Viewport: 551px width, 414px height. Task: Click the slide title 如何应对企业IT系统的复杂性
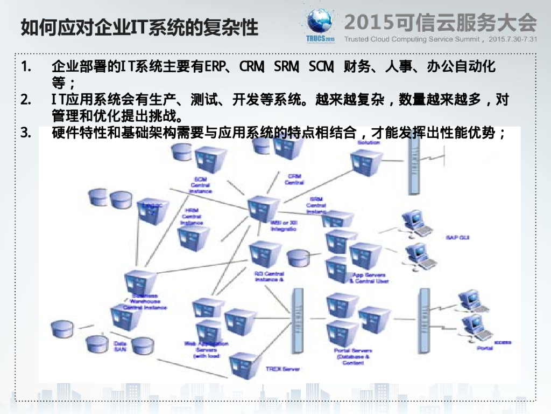tap(139, 26)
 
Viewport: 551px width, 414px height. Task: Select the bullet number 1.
tap(25, 68)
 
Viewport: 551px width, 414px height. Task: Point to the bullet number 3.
tap(25, 133)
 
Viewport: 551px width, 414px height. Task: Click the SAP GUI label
tap(457, 237)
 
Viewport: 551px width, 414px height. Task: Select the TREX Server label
tap(283, 369)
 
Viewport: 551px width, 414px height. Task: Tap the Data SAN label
tap(119, 346)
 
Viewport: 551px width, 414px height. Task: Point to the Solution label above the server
tap(369, 143)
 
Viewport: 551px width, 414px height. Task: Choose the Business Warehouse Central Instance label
tap(145, 301)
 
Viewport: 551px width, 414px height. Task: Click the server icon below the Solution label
tap(366, 160)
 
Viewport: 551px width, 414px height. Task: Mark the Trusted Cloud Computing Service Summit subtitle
tap(414, 39)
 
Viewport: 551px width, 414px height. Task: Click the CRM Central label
tap(294, 180)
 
